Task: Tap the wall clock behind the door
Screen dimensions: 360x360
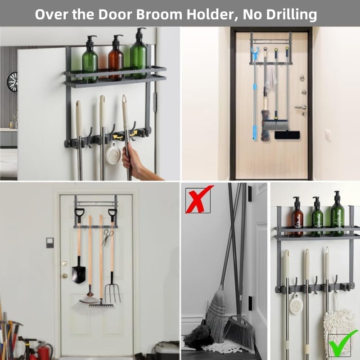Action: pos(12,81)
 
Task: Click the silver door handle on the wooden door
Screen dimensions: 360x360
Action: pos(299,108)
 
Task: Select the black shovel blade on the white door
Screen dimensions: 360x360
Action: pos(78,272)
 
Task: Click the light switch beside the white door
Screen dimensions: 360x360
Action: pos(49,243)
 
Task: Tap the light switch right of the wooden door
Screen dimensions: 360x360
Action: pos(328,135)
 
